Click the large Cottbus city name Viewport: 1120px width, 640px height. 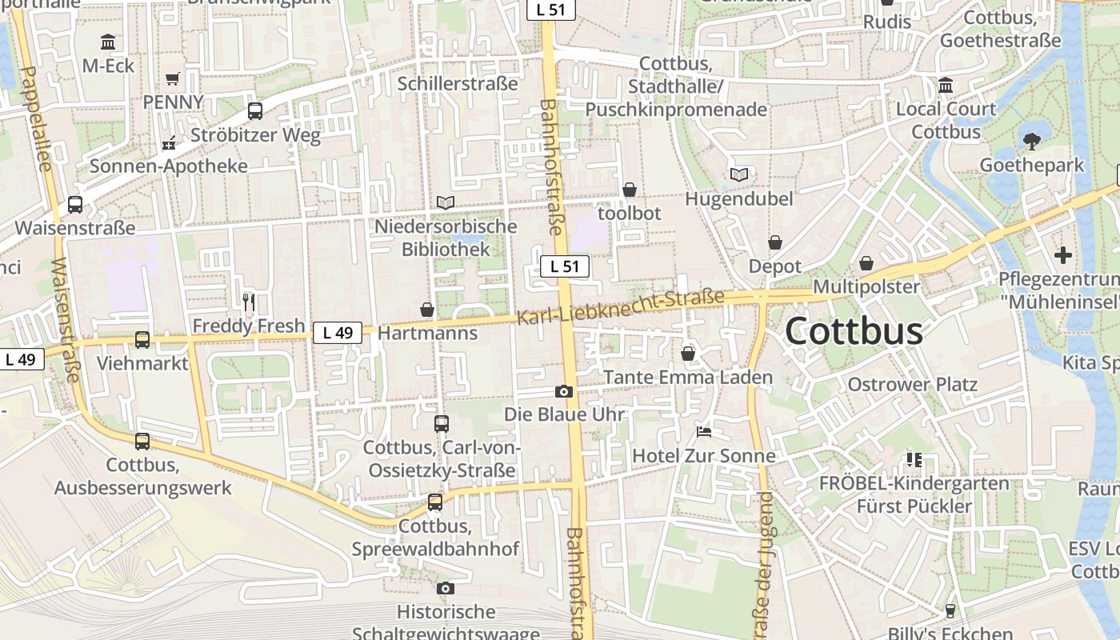(x=854, y=331)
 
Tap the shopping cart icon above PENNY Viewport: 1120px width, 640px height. (x=172, y=78)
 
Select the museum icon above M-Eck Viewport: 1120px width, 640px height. (x=108, y=42)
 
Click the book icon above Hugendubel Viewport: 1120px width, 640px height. (x=739, y=174)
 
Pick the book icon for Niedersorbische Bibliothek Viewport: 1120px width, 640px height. (x=446, y=203)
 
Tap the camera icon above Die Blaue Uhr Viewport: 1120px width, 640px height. (x=564, y=391)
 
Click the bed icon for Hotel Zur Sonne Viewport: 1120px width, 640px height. (x=704, y=432)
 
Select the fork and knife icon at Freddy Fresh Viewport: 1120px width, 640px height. (x=249, y=302)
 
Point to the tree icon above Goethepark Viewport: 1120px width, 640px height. (x=1032, y=142)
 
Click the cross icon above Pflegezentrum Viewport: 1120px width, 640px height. (x=1063, y=255)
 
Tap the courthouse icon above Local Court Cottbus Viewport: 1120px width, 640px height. (x=946, y=85)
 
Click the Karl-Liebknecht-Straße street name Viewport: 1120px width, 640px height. (x=620, y=307)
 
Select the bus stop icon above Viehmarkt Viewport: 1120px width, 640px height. (x=142, y=340)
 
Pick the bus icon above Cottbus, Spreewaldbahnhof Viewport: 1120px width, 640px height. (x=435, y=502)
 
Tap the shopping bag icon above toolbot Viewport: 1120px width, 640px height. (x=630, y=190)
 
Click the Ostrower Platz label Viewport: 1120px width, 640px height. (x=912, y=385)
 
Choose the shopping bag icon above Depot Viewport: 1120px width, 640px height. (x=774, y=242)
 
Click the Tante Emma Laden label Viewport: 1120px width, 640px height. (x=688, y=377)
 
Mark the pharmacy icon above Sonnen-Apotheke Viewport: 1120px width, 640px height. (x=169, y=143)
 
